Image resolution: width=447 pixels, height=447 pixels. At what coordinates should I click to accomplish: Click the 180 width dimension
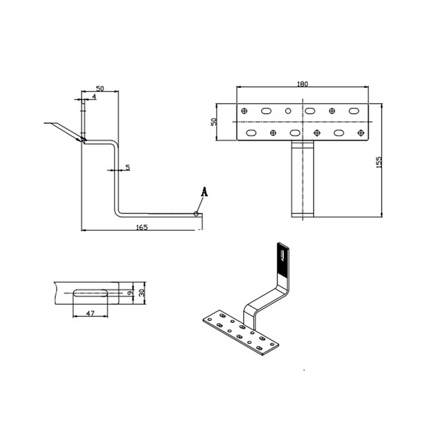point(302,84)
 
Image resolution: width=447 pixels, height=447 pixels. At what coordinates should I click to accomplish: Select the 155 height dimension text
point(379,162)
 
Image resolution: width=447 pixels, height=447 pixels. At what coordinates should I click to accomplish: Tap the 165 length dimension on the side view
point(142,227)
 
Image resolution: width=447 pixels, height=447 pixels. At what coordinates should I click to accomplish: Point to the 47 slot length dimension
point(90,313)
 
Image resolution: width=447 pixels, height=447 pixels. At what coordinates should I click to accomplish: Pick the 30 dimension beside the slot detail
point(142,292)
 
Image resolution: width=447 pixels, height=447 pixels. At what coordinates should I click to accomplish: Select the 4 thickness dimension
point(94,97)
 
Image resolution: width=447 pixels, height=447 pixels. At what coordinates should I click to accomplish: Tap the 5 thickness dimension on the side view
point(128,168)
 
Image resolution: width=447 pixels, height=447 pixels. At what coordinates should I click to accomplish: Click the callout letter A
point(204,192)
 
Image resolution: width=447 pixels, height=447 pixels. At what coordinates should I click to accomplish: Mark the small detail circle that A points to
point(196,214)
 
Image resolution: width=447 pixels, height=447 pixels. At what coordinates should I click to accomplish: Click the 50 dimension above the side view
point(100,88)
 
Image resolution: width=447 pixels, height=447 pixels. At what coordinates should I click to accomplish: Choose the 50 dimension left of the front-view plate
point(214,122)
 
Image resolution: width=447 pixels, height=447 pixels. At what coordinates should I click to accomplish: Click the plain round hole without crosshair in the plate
point(288,111)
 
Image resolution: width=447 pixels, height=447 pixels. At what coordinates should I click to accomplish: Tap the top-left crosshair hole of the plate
point(244,111)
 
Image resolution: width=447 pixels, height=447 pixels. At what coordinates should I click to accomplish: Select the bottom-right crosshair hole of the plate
point(361,133)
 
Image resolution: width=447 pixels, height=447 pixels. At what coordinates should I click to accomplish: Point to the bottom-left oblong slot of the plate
point(251,133)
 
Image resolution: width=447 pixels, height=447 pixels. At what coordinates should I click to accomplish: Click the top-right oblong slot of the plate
point(354,111)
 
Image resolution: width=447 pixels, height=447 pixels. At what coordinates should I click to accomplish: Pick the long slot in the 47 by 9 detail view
point(91,293)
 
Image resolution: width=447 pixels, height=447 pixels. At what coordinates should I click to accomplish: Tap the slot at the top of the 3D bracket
point(282,255)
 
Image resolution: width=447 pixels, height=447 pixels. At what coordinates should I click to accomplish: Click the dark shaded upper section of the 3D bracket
point(283,260)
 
